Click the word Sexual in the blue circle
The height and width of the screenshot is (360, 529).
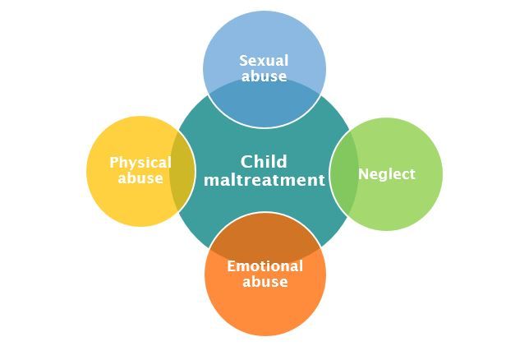tap(264, 60)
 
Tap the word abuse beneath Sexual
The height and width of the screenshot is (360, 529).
tap(264, 76)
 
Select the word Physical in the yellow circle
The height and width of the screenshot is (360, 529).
tap(140, 162)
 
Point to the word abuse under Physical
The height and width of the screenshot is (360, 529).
tap(140, 178)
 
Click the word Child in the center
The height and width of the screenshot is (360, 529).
tap(264, 162)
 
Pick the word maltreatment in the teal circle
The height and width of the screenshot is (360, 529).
tap(264, 180)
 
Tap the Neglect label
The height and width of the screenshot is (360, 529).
tap(386, 174)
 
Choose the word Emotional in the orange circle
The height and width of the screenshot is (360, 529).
tap(264, 265)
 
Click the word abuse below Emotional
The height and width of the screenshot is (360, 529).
tap(264, 282)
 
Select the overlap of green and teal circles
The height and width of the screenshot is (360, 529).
tap(344, 174)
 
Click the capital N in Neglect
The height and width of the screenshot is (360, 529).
tap(363, 174)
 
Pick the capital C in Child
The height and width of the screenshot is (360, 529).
tap(246, 162)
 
